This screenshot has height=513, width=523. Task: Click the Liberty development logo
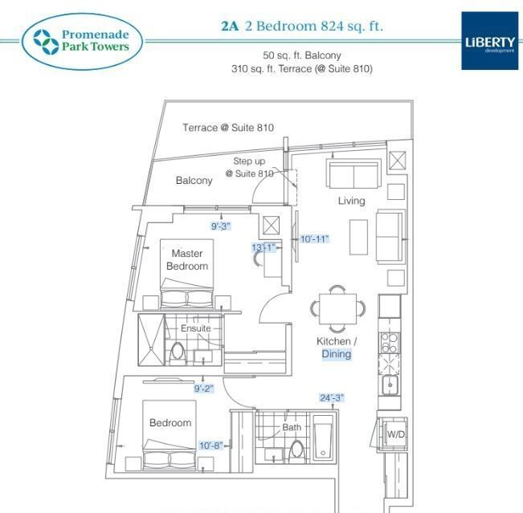pyautogui.click(x=489, y=41)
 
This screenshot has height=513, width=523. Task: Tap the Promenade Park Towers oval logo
pyautogui.click(x=82, y=41)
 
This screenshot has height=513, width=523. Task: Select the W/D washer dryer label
pyautogui.click(x=395, y=434)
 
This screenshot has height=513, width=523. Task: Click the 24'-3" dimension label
pyautogui.click(x=332, y=397)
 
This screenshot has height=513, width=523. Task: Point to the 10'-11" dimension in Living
pyautogui.click(x=315, y=239)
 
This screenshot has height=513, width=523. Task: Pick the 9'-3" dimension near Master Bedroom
pyautogui.click(x=221, y=226)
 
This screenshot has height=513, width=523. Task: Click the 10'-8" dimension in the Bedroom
pyautogui.click(x=210, y=446)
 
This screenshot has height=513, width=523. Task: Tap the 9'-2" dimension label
pyautogui.click(x=204, y=389)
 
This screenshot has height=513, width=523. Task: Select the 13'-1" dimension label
pyautogui.click(x=264, y=247)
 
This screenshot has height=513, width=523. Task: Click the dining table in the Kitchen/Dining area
pyautogui.click(x=337, y=308)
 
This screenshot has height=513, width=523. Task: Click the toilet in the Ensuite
pyautogui.click(x=177, y=352)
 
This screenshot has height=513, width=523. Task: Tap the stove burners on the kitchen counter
pyautogui.click(x=390, y=343)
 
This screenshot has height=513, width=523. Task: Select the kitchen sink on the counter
pyautogui.click(x=390, y=385)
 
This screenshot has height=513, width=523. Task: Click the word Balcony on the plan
pyautogui.click(x=194, y=181)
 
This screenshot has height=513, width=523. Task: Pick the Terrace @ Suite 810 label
pyautogui.click(x=228, y=128)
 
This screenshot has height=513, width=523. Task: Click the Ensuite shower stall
pyautogui.click(x=151, y=340)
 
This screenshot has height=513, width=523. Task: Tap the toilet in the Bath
pyautogui.click(x=296, y=450)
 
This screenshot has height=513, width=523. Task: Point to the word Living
pyautogui.click(x=352, y=201)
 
